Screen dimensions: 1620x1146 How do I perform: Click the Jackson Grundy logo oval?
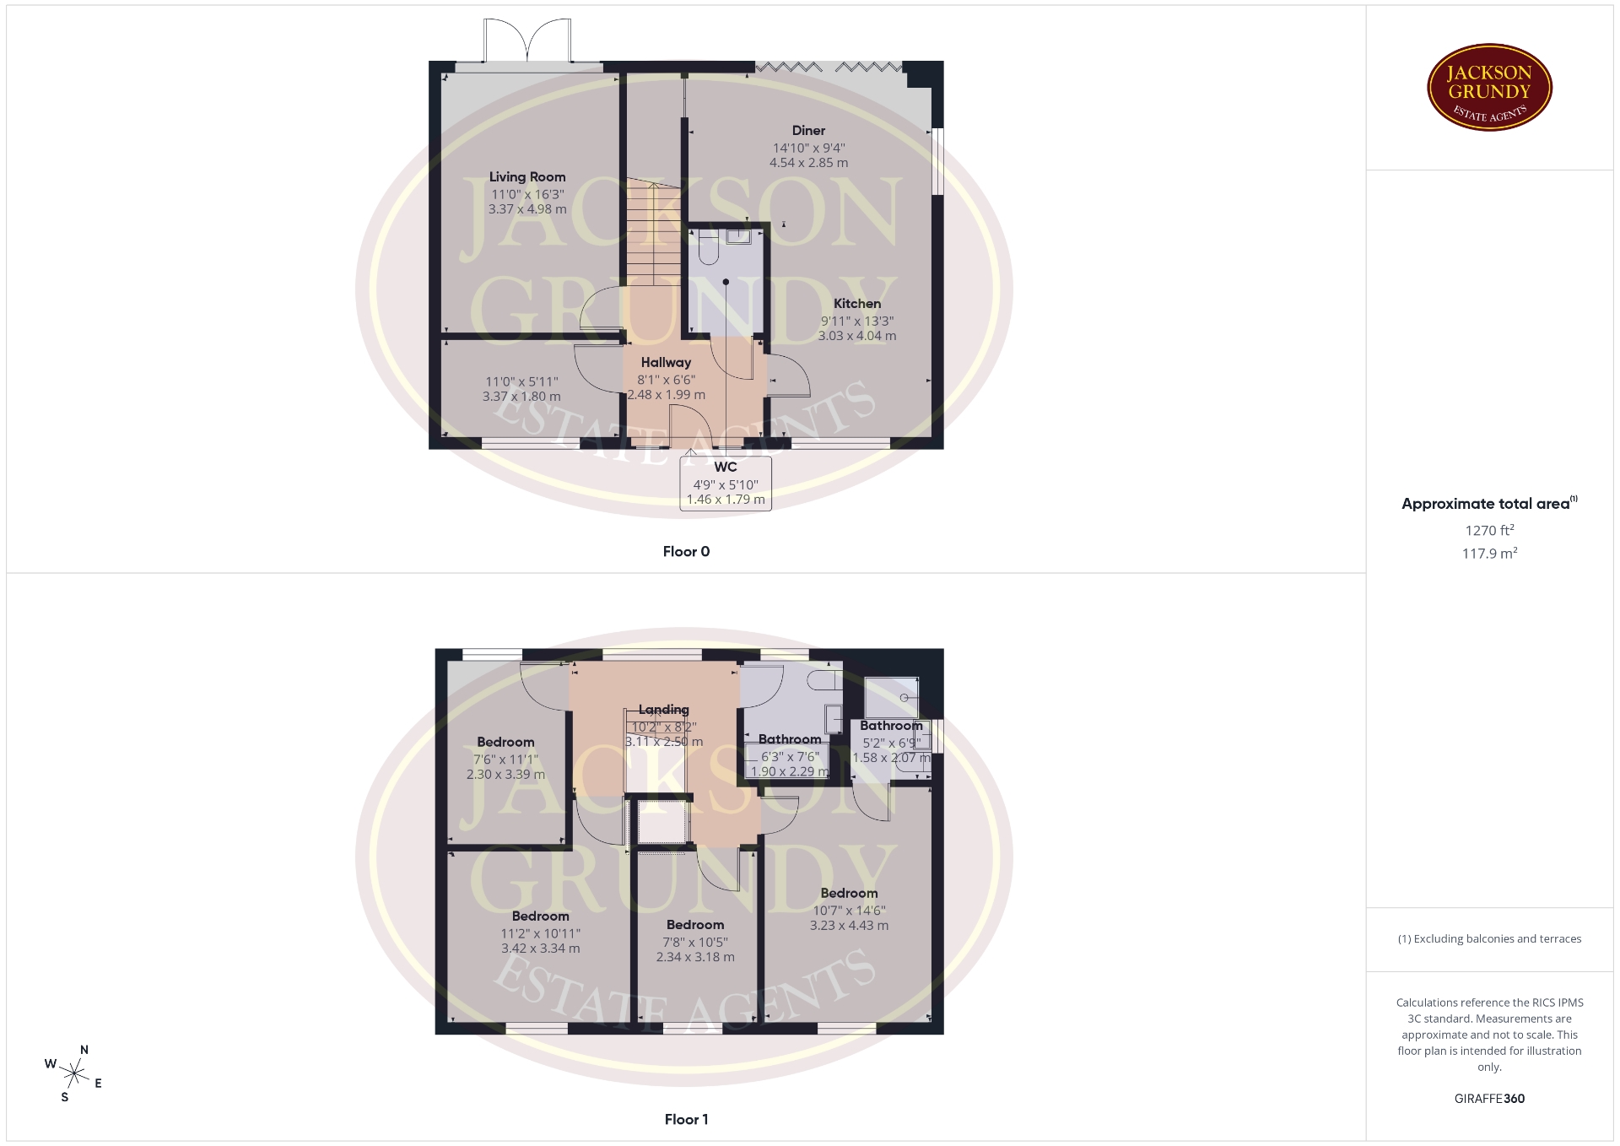(x=1489, y=88)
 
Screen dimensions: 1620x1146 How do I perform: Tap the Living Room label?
(x=527, y=176)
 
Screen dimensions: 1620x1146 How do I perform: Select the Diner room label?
(x=808, y=130)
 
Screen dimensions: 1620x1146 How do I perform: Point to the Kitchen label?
(x=857, y=304)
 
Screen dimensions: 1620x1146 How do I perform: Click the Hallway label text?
(x=666, y=362)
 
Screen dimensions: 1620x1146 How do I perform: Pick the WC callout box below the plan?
(x=726, y=483)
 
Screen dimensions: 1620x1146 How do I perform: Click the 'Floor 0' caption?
(x=686, y=551)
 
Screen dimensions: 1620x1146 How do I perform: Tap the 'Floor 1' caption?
(x=686, y=1119)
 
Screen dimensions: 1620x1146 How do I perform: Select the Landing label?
(x=664, y=710)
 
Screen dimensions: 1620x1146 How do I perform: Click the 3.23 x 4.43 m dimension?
(x=849, y=925)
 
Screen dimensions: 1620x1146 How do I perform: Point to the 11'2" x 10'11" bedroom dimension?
(x=540, y=933)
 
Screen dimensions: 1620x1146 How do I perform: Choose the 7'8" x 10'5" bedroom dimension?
(x=695, y=942)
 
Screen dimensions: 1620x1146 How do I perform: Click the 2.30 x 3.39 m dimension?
(x=505, y=774)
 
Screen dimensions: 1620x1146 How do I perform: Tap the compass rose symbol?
(x=74, y=1073)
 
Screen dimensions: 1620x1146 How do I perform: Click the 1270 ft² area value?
(x=1489, y=530)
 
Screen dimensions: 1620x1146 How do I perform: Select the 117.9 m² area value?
(x=1489, y=553)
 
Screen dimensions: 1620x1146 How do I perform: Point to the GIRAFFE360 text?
(x=1489, y=1099)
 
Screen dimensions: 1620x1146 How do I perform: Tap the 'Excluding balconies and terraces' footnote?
(x=1489, y=938)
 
